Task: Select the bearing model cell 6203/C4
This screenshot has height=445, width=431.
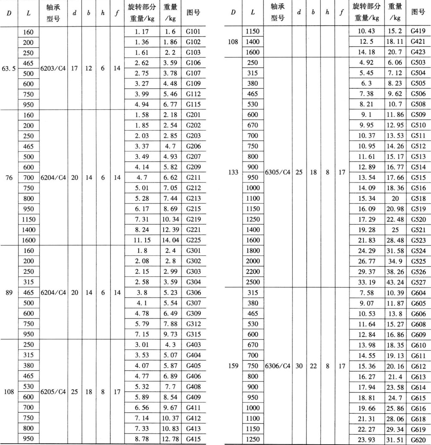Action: [53, 68]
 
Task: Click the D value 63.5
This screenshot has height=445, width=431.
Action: [9, 68]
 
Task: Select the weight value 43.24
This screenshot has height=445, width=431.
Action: [395, 282]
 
